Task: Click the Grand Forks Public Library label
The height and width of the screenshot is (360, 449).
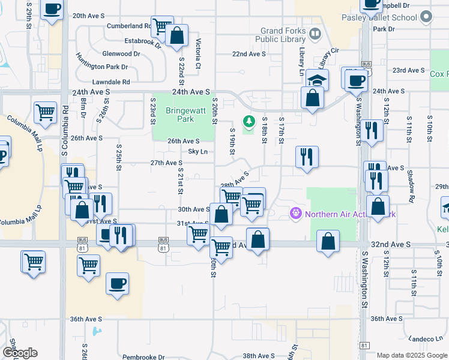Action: click(x=283, y=35)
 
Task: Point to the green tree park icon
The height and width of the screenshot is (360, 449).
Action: click(x=249, y=123)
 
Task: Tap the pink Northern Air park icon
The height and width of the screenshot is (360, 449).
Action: click(x=295, y=213)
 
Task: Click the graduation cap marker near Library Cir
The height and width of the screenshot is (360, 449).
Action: click(x=318, y=80)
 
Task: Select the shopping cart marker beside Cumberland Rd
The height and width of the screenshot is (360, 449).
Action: click(x=162, y=26)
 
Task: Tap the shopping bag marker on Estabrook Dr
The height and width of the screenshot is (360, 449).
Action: click(x=177, y=35)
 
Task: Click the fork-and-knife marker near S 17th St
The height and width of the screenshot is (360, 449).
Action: click(x=307, y=157)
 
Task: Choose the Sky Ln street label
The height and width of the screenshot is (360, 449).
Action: click(x=197, y=152)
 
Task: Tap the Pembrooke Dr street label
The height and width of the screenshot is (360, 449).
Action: click(x=143, y=357)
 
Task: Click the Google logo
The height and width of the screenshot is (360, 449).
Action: click(x=20, y=353)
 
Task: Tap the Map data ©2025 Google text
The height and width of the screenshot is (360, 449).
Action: click(x=411, y=355)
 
